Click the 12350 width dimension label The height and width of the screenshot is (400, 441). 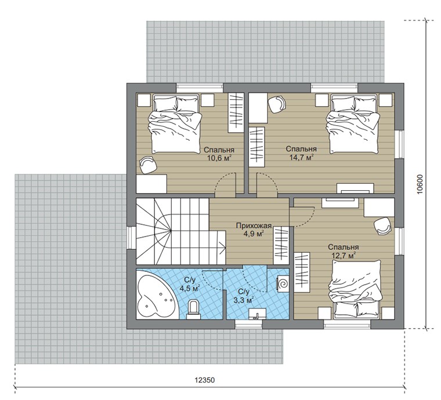click(x=205, y=380)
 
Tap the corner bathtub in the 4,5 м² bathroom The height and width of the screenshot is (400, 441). click(x=154, y=294)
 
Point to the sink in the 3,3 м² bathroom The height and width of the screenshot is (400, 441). click(x=257, y=314)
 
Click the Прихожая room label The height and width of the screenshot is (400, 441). click(x=254, y=226)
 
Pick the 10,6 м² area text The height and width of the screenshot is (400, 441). click(x=219, y=158)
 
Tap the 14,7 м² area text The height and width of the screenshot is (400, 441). click(x=302, y=157)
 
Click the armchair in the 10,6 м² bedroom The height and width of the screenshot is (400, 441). click(x=148, y=165)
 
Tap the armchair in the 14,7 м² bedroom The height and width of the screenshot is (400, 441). click(x=277, y=104)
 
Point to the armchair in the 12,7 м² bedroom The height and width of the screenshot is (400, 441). click(x=382, y=226)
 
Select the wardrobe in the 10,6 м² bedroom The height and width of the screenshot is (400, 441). click(x=236, y=112)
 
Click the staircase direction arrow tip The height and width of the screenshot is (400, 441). click(x=226, y=248)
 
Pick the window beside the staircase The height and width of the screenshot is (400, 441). click(x=131, y=238)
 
